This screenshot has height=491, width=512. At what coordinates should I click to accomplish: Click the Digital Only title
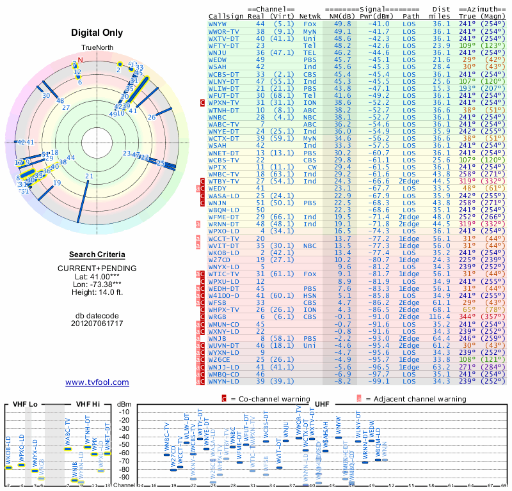coord(97,32)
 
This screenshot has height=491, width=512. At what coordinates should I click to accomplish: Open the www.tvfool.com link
coord(97,382)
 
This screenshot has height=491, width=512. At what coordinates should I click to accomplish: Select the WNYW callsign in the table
coord(221,23)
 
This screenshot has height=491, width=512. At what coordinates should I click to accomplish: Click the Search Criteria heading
coord(97,255)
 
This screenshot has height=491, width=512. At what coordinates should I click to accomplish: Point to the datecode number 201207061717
coord(97,323)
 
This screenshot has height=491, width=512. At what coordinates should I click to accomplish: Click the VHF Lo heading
coord(24,404)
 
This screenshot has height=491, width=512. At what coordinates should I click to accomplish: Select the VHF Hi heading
coord(88,404)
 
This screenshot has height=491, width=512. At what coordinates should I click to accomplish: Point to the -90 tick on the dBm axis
coord(124,477)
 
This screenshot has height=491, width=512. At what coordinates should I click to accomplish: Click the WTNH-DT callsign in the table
coord(224,110)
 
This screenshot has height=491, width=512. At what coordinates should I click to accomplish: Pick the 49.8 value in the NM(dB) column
coord(342,23)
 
